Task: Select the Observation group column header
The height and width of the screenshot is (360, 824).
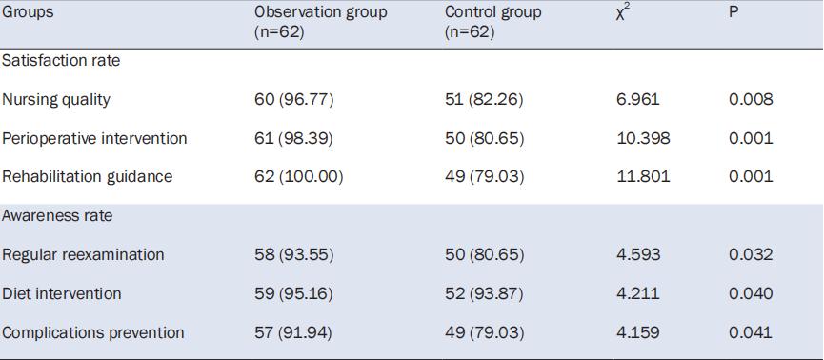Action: click(x=321, y=22)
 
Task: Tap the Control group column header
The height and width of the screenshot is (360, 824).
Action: click(x=492, y=22)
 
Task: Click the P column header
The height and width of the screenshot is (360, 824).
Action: click(x=734, y=12)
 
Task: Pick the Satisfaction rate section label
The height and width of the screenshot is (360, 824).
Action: click(x=61, y=60)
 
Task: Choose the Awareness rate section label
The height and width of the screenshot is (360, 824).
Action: click(x=57, y=215)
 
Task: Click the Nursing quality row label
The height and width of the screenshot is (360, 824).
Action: click(x=56, y=99)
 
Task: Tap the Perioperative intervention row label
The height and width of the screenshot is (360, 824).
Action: click(x=94, y=138)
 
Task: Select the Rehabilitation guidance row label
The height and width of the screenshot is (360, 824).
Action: click(x=88, y=176)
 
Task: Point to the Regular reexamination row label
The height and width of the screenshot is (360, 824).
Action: click(x=83, y=255)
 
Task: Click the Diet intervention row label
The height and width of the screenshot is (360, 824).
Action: click(x=62, y=293)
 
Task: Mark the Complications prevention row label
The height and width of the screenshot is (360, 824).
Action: click(x=93, y=332)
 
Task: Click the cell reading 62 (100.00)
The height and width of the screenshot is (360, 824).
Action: click(x=298, y=176)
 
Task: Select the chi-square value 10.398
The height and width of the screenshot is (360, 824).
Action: click(x=644, y=138)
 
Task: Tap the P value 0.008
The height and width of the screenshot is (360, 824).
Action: click(x=751, y=99)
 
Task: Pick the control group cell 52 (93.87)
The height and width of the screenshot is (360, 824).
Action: click(x=485, y=293)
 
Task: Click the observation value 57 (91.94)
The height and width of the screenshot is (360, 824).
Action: click(x=293, y=333)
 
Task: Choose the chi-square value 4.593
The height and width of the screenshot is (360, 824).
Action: click(x=638, y=255)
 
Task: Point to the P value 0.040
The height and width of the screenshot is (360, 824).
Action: click(x=751, y=293)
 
